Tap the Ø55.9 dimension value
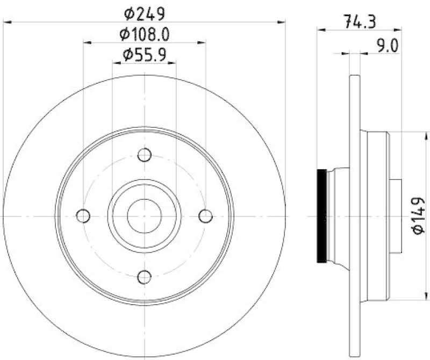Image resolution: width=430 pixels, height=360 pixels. point(144,54)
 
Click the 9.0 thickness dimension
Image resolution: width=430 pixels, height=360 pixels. point(386,46)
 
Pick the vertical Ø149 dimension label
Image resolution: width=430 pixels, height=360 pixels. point(419,215)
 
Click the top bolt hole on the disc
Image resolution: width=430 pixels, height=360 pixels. point(144,155)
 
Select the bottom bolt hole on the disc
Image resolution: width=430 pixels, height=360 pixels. point(144,277)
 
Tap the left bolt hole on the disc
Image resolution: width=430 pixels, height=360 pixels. point(83,216)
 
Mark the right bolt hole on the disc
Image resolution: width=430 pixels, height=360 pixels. point(205,216)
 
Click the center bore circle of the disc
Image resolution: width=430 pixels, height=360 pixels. point(144,216)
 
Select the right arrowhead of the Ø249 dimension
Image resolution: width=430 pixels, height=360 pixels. point(282,22)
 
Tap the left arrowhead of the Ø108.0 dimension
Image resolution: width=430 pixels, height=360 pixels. point(87,42)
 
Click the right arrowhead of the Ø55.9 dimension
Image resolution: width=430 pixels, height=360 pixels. point(173,63)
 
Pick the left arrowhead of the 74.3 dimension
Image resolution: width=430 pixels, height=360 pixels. point(321,30)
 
